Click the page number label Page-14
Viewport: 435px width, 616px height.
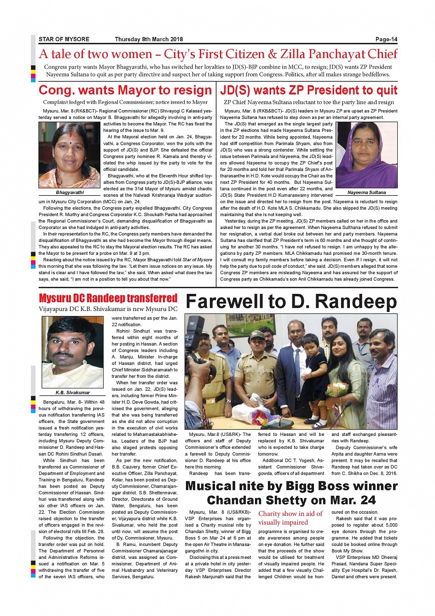pyautogui.click(x=386, y=39)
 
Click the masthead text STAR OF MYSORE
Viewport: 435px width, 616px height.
pyautogui.click(x=64, y=39)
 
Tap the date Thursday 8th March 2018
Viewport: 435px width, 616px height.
pyautogui.click(x=149, y=39)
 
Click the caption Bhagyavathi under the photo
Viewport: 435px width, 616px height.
pyautogui.click(x=70, y=192)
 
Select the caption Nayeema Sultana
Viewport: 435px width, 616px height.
pyautogui.click(x=366, y=192)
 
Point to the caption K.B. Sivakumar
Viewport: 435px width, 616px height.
pyautogui.click(x=73, y=393)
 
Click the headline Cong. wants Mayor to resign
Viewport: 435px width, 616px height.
pyautogui.click(x=125, y=90)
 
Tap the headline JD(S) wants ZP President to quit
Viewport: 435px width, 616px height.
pyautogui.click(x=308, y=90)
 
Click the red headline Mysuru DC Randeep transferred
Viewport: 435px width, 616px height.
pyautogui.click(x=108, y=298)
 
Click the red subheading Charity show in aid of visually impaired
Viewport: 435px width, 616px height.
pyautogui.click(x=290, y=518)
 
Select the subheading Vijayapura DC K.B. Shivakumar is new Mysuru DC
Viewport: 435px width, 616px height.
pyautogui.click(x=108, y=309)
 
